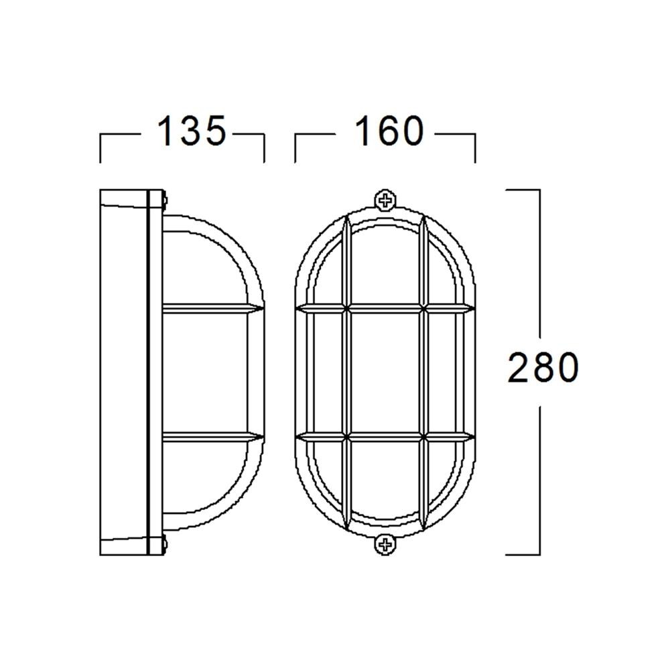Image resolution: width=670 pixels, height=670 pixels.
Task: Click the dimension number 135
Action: point(191,131)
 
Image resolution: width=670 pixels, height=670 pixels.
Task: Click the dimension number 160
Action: point(389,131)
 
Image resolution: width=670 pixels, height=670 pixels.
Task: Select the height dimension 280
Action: point(543,367)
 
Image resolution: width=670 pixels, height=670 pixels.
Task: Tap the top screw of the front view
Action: point(385,200)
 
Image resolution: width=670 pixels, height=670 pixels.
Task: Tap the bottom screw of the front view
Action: point(385,544)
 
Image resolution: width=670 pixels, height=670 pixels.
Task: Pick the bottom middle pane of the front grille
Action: point(385,480)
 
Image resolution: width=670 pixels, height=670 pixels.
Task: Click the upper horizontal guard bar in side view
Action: point(212,308)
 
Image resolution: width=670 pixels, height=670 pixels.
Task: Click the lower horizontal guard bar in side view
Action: point(212,436)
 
